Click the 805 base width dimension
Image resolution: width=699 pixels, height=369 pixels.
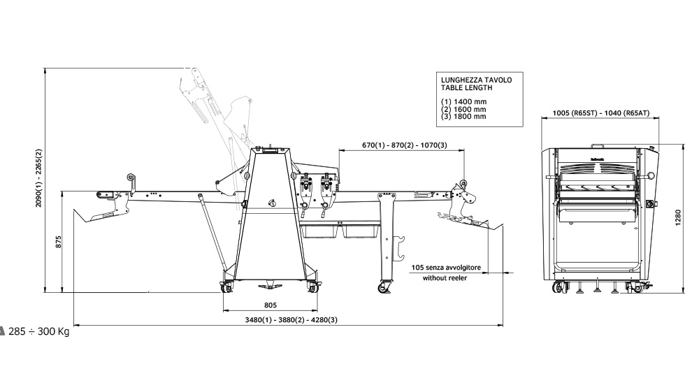click(x=271, y=305)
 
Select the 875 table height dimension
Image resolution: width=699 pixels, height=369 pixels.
click(x=59, y=242)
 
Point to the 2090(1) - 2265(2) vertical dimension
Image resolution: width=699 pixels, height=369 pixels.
click(x=39, y=179)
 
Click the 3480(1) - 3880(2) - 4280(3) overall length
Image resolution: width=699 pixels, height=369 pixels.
click(x=288, y=319)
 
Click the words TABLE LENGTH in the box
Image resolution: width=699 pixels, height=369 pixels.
click(x=466, y=88)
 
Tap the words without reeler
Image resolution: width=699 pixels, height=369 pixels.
click(x=445, y=277)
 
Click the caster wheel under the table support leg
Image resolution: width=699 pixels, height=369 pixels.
click(x=383, y=287)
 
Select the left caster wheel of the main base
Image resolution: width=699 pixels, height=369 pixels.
click(x=228, y=286)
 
